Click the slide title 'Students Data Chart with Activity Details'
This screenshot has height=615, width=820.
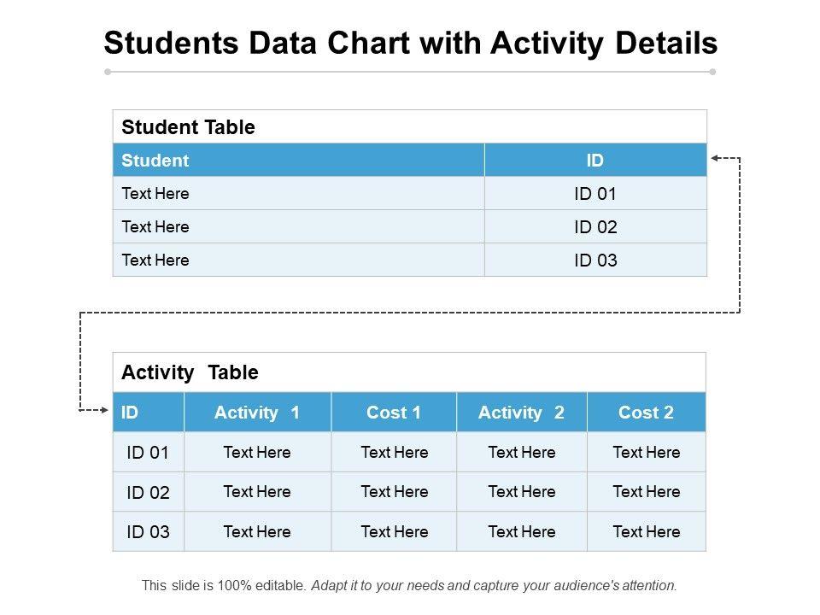pos(410,43)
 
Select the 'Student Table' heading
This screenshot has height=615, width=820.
pos(188,127)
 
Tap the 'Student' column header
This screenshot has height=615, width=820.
pos(155,160)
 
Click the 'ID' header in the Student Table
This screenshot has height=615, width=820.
pos(595,160)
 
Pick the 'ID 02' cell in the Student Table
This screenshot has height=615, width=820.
pos(595,227)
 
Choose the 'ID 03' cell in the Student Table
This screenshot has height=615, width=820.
pos(595,261)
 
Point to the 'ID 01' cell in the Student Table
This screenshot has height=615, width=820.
pos(595,194)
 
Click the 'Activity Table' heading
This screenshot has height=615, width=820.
pos(190,372)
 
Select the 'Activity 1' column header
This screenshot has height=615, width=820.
pos(257,413)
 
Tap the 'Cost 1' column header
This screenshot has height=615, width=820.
pos(394,413)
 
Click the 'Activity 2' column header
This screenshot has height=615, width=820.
pos(521,413)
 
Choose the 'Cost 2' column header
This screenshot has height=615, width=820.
pos(646,413)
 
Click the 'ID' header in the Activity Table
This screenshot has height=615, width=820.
pos(130,413)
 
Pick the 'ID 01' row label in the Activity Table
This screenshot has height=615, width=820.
pos(148,453)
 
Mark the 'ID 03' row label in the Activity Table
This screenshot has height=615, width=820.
pos(148,532)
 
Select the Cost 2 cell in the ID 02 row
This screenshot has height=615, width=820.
pos(647,492)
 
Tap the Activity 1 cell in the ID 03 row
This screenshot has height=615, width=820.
pos(257,532)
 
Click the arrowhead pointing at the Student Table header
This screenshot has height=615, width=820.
pos(716,158)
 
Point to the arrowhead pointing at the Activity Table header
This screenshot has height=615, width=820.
pos(105,411)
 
